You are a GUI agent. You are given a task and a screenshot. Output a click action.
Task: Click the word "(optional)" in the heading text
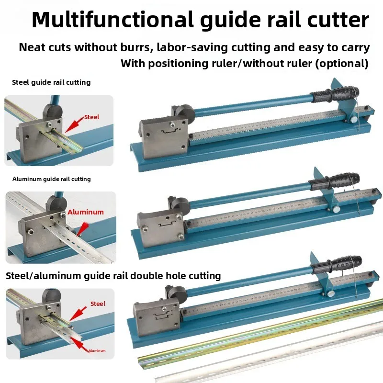(342, 64)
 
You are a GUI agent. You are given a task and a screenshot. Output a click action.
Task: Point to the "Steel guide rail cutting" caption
(51, 82)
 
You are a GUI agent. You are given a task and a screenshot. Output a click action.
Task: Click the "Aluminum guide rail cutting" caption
(52, 179)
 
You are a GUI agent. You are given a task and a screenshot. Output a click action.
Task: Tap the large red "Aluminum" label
(86, 212)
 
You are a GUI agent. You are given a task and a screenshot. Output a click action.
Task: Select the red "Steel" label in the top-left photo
(92, 117)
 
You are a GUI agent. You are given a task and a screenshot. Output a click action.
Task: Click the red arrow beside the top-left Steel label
(74, 125)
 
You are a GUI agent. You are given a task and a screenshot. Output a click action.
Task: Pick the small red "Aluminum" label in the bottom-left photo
(97, 350)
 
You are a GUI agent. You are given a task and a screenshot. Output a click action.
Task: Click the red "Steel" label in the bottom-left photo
(98, 304)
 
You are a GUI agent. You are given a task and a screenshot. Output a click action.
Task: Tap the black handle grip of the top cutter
(334, 94)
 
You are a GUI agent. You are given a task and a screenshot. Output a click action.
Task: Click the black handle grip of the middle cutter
(334, 181)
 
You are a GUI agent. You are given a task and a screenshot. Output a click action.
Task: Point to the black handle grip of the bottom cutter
(336, 265)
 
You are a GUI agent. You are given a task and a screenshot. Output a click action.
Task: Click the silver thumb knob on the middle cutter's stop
(336, 209)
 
